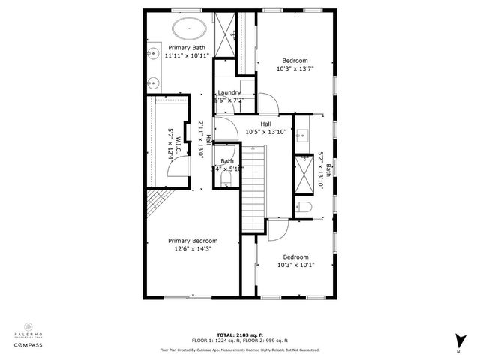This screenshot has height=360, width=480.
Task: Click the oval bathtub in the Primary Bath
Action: (190, 29)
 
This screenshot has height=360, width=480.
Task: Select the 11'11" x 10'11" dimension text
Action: (187, 55)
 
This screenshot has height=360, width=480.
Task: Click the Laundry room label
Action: (229, 92)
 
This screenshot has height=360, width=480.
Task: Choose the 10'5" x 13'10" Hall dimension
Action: (265, 132)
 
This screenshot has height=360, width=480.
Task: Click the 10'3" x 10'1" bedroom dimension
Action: (295, 264)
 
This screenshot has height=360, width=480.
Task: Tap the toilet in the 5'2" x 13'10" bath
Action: (304, 207)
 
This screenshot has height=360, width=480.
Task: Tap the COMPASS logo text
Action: (28, 346)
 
